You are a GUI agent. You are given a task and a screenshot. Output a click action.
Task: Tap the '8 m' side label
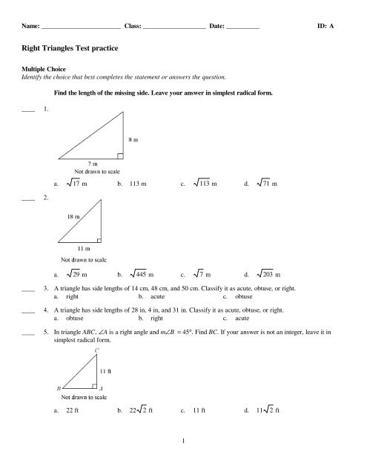point(133,138)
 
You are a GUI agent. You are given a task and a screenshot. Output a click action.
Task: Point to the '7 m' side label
point(93,163)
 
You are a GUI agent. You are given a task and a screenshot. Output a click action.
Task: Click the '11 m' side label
point(82,249)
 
